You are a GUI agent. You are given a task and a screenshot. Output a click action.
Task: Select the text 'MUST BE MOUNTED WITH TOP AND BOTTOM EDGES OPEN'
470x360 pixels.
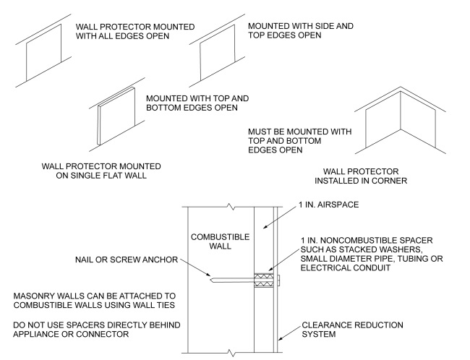(299, 142)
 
